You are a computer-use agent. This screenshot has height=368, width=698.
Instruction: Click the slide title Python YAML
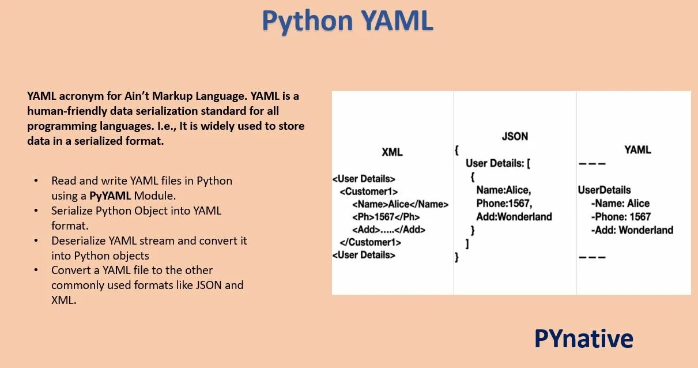[x=347, y=21]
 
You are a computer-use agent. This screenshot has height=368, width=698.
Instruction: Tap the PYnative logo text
[x=583, y=338]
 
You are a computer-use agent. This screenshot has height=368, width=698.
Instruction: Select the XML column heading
[x=392, y=152]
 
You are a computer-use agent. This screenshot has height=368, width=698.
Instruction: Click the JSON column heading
[x=515, y=137]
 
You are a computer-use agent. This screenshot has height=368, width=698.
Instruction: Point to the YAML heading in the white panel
[x=637, y=150]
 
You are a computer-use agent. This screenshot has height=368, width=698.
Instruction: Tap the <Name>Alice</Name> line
[x=400, y=204]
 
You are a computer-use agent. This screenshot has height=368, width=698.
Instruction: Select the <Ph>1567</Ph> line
[x=386, y=217]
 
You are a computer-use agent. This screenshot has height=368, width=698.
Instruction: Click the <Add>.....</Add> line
[x=388, y=230]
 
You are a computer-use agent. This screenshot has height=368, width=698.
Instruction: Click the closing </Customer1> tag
[x=370, y=242]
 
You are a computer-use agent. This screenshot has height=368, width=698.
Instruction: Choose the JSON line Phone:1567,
[x=504, y=203]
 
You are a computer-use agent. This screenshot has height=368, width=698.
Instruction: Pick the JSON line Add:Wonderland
[x=514, y=217]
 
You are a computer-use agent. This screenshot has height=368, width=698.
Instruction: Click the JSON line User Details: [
[x=498, y=163]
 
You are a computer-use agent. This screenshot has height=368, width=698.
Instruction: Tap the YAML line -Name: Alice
[x=620, y=204]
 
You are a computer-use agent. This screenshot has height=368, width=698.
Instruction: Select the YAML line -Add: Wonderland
[x=632, y=230]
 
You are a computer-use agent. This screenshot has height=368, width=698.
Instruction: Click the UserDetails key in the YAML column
[x=604, y=190]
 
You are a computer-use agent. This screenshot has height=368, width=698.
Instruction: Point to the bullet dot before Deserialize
[x=36, y=241]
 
